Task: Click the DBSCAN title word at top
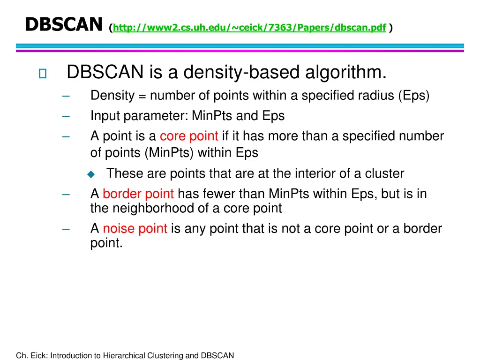[x=63, y=24]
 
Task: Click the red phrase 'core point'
[x=189, y=136]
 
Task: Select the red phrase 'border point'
[x=138, y=194]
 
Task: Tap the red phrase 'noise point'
[x=135, y=229]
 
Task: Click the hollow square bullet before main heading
[x=43, y=74]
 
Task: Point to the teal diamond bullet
[x=91, y=174]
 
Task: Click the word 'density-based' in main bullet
[x=251, y=73]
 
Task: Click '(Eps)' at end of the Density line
[x=414, y=96]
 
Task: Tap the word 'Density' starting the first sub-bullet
[x=112, y=96]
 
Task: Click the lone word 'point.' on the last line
[x=106, y=243]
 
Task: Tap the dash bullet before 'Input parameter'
[x=66, y=116]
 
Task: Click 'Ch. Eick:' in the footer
[x=32, y=355]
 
